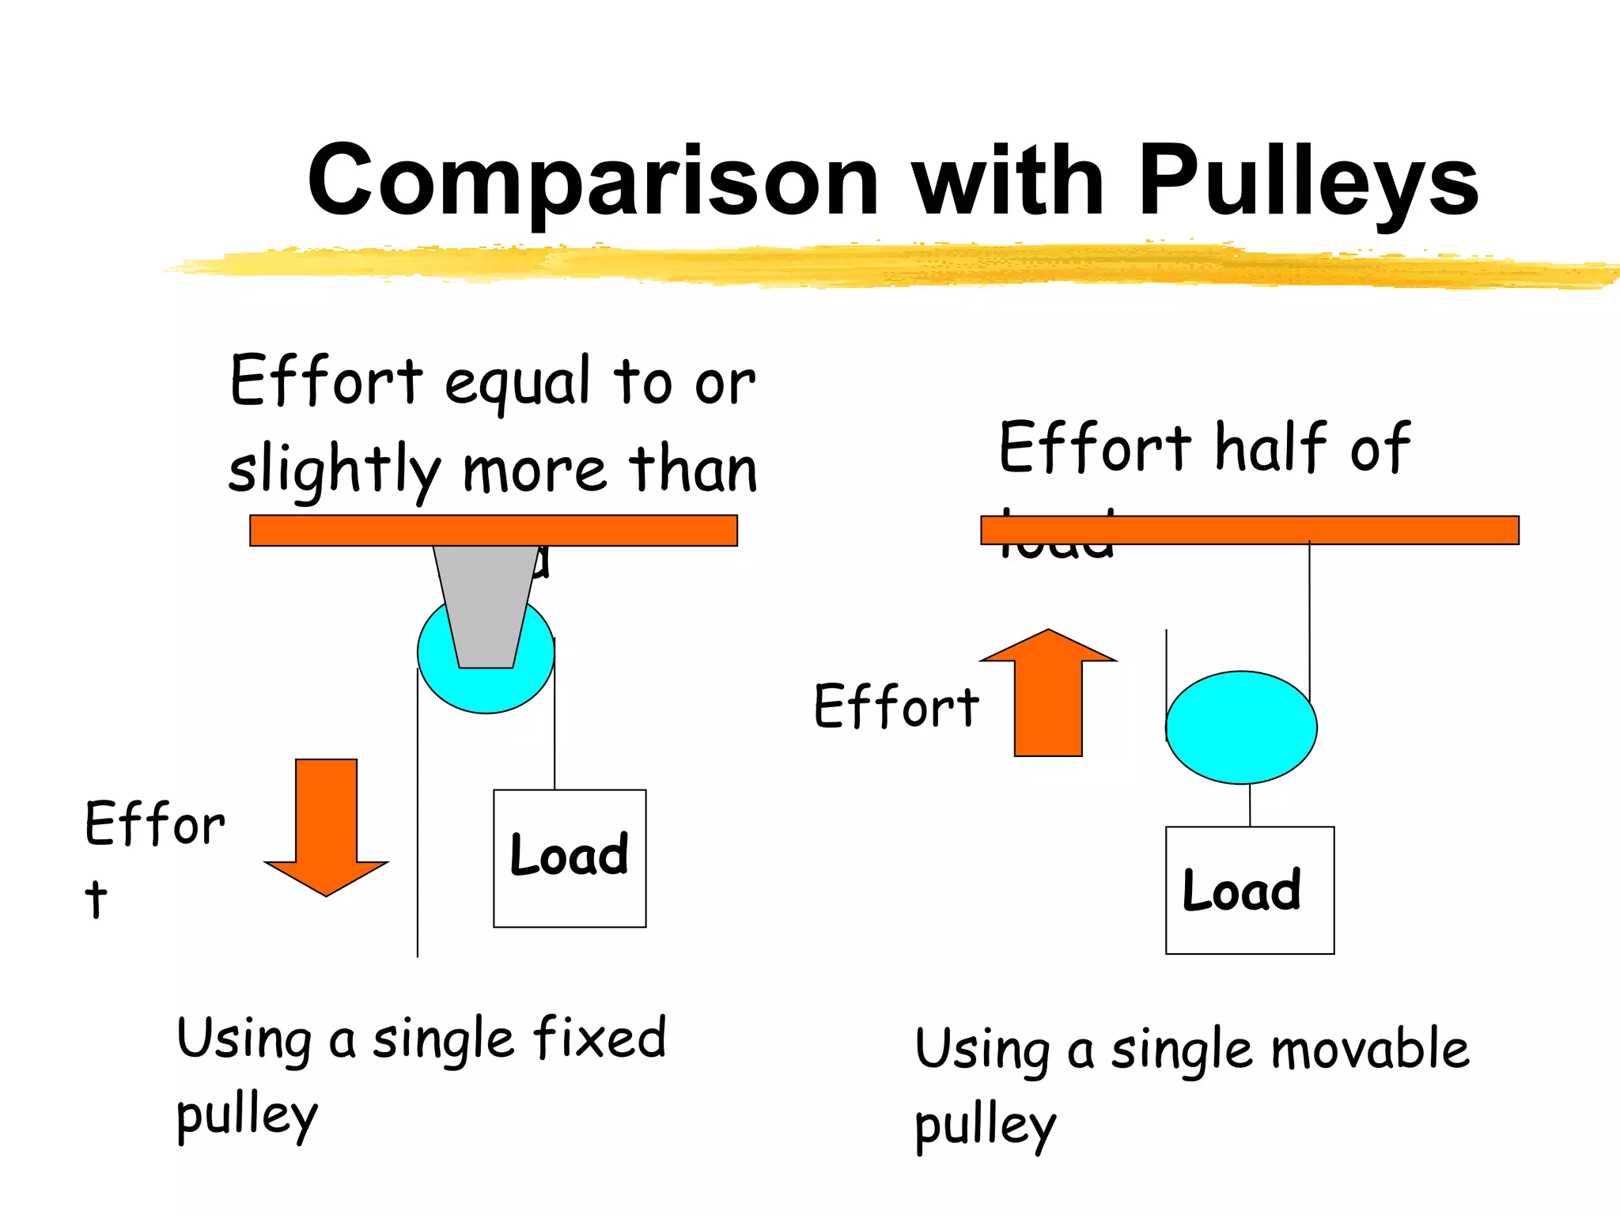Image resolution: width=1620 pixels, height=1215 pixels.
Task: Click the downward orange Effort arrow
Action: (x=326, y=823)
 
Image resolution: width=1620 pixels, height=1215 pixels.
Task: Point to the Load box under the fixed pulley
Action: (x=570, y=858)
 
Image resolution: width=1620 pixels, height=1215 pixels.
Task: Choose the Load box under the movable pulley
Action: (x=1250, y=890)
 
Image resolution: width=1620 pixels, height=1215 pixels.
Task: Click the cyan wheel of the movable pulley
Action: (x=1241, y=727)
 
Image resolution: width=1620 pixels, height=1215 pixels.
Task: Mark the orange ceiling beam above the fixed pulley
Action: (x=494, y=530)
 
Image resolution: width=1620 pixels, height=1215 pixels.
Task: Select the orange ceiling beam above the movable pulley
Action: (x=1250, y=530)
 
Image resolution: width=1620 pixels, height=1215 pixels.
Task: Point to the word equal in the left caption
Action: (x=518, y=384)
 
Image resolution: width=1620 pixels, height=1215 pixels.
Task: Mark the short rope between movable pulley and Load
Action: (x=1250, y=805)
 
